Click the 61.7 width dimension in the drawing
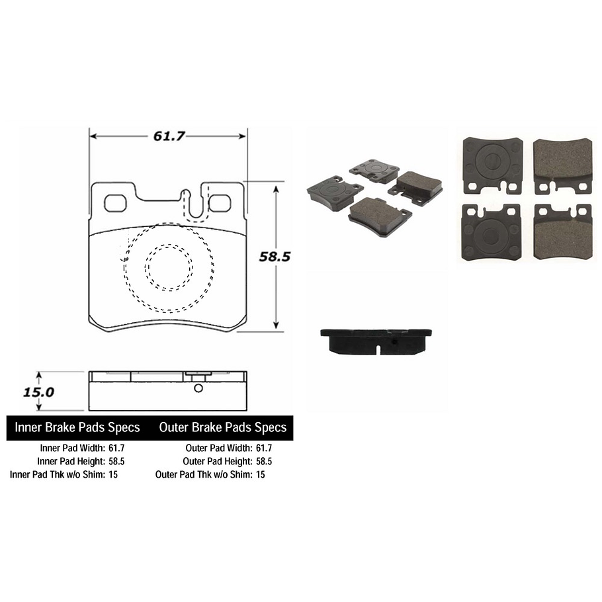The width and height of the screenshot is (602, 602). click(168, 136)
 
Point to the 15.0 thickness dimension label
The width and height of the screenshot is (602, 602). click(38, 392)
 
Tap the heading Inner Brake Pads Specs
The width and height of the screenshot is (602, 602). click(78, 427)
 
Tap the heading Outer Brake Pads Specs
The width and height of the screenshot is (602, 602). click(222, 427)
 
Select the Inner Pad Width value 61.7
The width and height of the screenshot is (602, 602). click(116, 448)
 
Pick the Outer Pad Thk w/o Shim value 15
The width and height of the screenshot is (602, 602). click(260, 474)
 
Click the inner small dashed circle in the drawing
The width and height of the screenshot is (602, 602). click(169, 268)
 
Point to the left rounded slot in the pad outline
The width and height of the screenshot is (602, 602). click(116, 202)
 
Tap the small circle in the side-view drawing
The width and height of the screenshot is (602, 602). click(197, 388)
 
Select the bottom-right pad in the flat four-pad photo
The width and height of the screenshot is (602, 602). click(563, 232)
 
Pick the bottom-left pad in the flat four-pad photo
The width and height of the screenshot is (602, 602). click(493, 232)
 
